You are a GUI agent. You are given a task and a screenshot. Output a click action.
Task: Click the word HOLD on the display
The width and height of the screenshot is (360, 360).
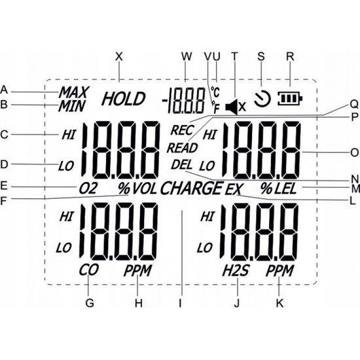[x=124, y=99]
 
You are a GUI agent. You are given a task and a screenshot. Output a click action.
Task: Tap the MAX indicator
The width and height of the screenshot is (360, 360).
[x=74, y=92]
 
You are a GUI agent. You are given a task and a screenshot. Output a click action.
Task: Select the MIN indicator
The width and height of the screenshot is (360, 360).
[x=71, y=106]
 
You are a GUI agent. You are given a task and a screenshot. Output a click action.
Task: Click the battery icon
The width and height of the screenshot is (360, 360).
[x=290, y=99]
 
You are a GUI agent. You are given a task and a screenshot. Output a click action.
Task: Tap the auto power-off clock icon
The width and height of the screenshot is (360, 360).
[x=262, y=99]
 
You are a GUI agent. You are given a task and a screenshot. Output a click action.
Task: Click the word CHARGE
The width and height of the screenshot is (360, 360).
[x=192, y=188]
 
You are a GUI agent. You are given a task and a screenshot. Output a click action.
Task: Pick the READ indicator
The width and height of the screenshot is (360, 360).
[x=183, y=148]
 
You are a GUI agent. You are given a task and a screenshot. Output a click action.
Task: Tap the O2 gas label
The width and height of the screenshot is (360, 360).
[x=88, y=189]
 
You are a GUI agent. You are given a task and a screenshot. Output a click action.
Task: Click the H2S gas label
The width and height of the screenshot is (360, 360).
[x=236, y=270]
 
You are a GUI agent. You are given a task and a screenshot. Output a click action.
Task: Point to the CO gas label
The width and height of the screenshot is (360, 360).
[x=89, y=270]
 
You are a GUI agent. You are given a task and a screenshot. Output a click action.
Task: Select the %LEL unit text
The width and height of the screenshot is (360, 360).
[x=278, y=189]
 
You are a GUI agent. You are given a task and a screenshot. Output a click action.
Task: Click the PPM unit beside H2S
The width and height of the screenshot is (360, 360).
[x=279, y=270]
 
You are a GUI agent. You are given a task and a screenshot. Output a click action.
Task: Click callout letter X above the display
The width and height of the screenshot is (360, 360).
[x=119, y=56]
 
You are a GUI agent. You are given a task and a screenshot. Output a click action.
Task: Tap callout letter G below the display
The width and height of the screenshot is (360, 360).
[x=90, y=303]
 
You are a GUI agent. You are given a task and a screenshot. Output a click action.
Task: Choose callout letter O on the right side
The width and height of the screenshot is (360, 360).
[x=355, y=153]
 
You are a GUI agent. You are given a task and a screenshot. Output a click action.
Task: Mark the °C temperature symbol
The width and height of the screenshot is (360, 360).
[x=215, y=92]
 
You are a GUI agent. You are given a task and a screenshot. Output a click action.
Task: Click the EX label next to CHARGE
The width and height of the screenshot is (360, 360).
[x=234, y=189]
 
